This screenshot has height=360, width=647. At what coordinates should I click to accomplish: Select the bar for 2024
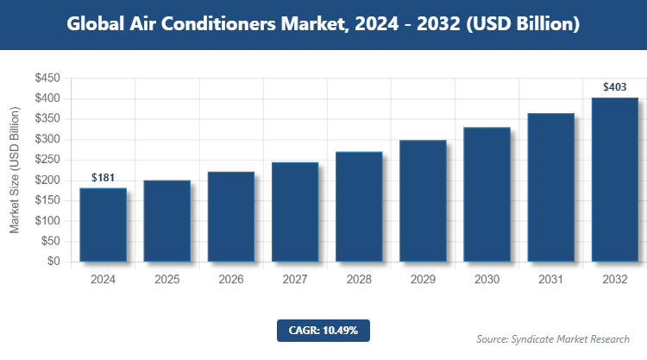103,224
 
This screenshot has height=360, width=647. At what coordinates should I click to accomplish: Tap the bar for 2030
487,194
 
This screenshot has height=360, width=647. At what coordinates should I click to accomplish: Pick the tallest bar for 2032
614,179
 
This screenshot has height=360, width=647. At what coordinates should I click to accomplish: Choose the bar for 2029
423,200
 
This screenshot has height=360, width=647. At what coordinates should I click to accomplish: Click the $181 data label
103,178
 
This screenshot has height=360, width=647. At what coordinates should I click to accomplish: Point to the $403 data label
614,86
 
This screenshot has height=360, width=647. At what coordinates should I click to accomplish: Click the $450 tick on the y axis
47,79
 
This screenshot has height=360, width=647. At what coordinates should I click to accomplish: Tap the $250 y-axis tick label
47,160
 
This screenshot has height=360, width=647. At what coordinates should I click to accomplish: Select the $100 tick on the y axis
47,221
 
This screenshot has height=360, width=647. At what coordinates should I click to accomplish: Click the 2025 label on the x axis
166,280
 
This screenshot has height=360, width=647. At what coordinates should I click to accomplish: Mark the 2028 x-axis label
359,280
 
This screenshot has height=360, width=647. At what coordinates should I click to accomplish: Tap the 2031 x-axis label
550,280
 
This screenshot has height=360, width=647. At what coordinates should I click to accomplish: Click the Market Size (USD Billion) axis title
15,170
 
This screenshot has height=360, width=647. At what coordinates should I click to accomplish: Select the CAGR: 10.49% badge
323,330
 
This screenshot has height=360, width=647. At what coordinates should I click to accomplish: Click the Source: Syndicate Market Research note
553,338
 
